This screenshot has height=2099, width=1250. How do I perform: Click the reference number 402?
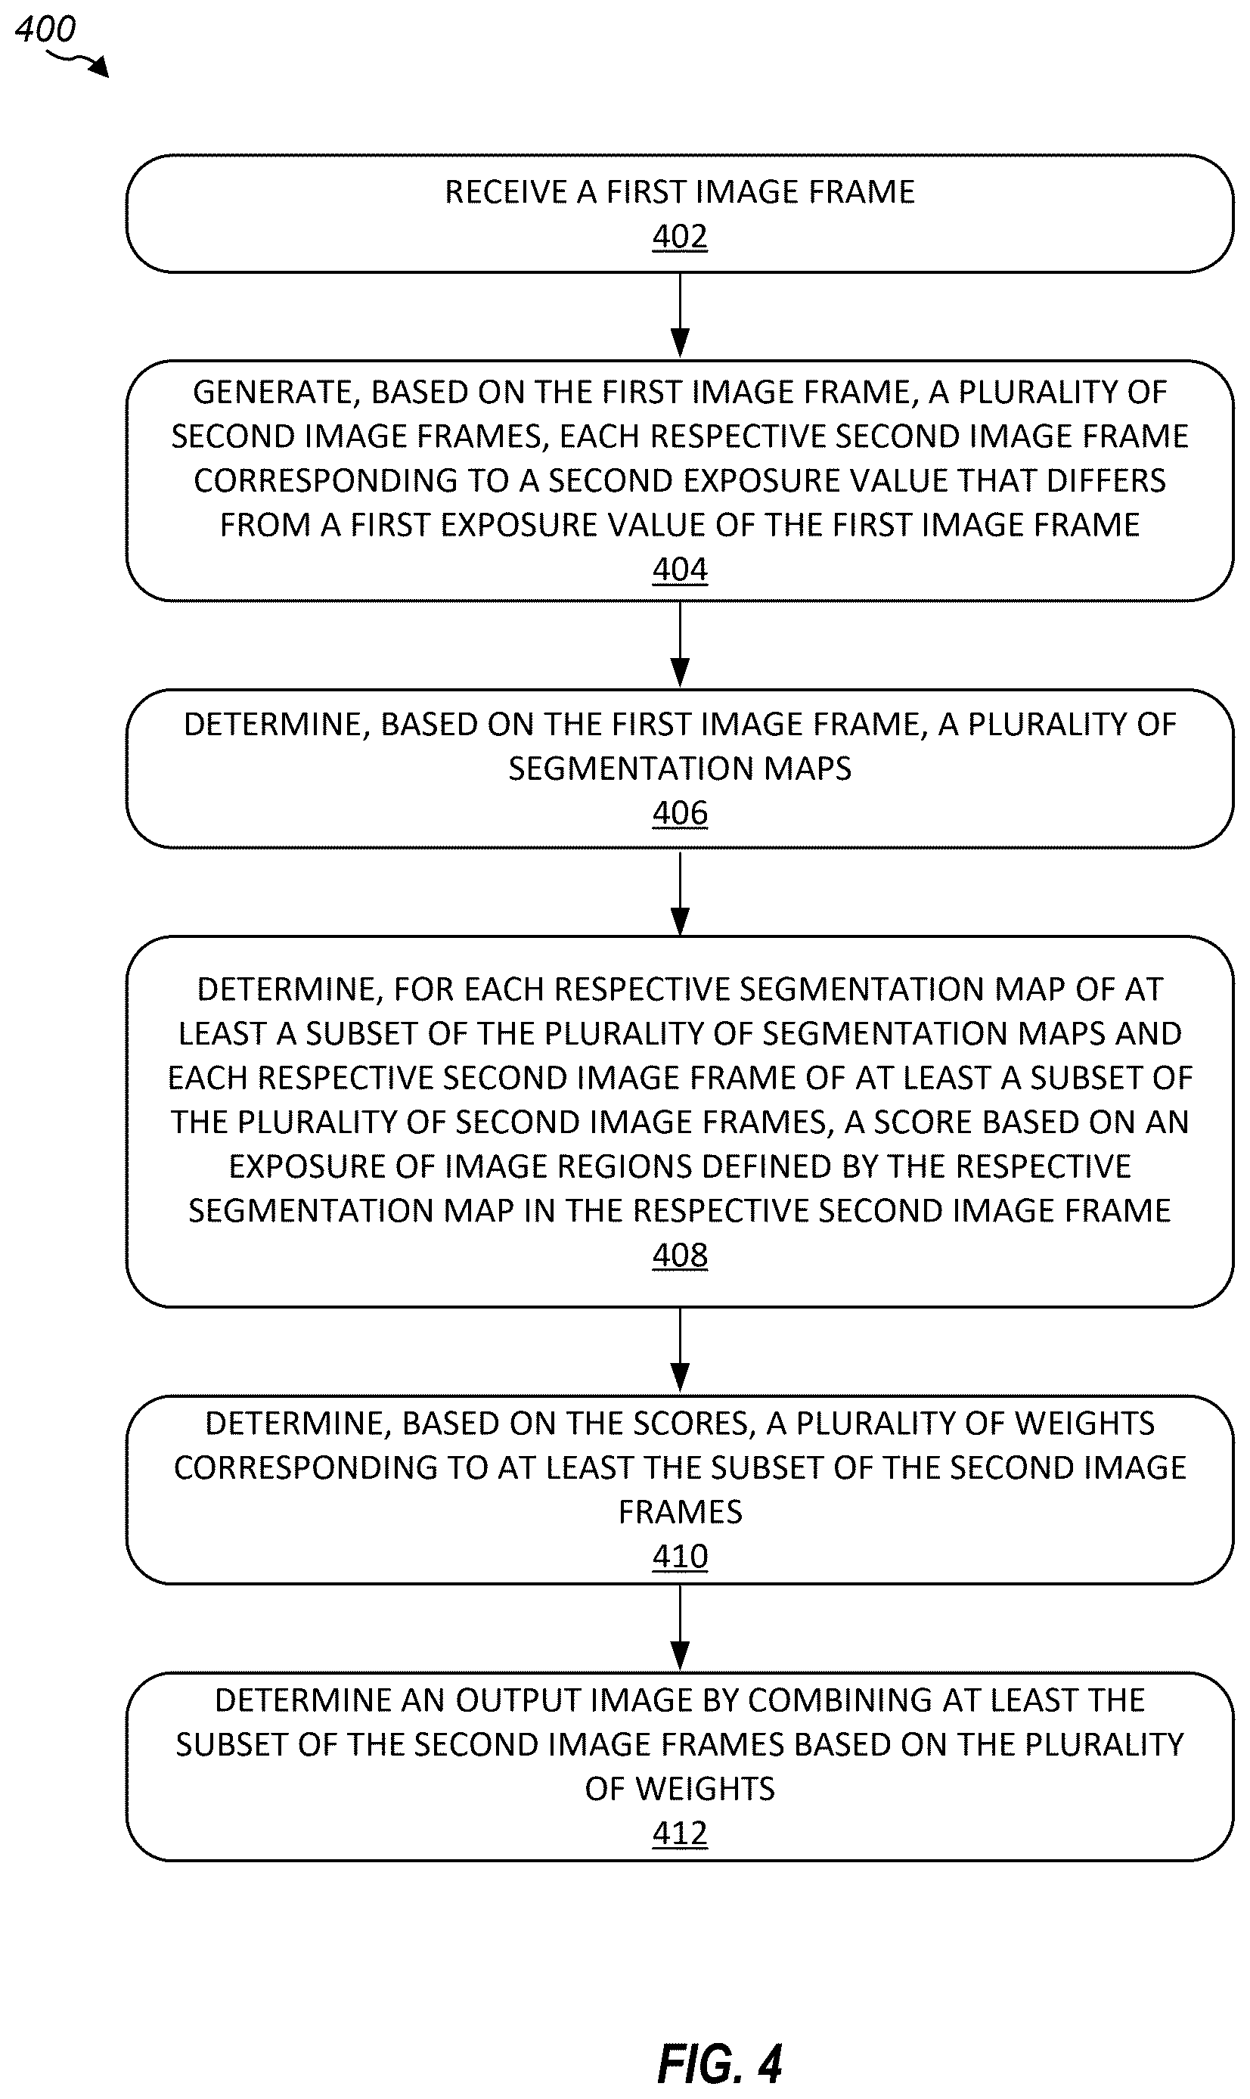[680, 237]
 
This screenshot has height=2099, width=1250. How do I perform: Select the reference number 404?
[680, 570]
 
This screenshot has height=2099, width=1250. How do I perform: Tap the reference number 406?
[680, 813]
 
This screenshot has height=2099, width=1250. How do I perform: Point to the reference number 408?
[680, 1255]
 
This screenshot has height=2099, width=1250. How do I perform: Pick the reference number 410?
[680, 1556]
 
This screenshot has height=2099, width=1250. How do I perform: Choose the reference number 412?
[680, 1833]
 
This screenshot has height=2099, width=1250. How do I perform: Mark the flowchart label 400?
[45, 29]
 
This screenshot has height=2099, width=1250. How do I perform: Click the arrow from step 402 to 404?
[680, 316]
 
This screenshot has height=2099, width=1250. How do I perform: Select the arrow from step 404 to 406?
[680, 645]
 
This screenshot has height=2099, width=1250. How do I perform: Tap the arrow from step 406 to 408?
[680, 893]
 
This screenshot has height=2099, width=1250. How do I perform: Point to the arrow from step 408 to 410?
[680, 1351]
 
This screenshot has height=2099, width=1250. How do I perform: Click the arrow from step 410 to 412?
[680, 1627]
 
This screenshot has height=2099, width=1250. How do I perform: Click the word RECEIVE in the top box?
[506, 192]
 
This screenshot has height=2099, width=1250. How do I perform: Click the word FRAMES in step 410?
[680, 1512]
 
